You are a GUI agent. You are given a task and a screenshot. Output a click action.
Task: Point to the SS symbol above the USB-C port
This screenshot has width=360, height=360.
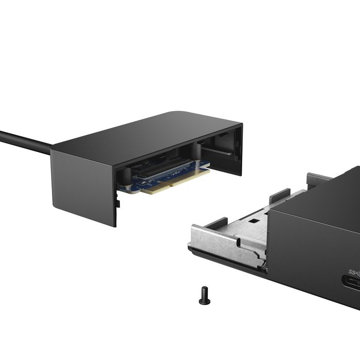tap(354, 271)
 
